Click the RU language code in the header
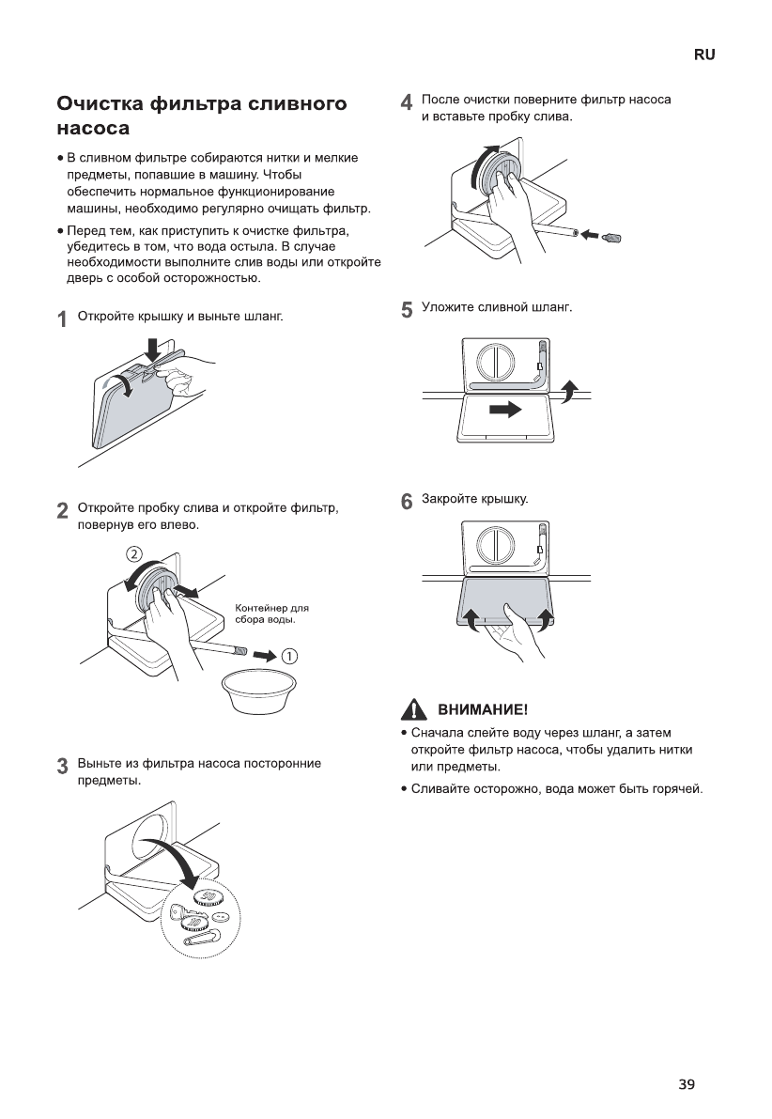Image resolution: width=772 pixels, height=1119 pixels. point(704,55)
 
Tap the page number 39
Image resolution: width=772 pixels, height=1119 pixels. point(687,1085)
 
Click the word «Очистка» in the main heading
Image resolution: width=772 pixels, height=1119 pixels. point(100,103)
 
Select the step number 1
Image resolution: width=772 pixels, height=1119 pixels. point(61,319)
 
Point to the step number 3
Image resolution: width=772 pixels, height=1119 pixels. point(61,766)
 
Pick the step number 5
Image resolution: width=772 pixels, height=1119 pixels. point(406,310)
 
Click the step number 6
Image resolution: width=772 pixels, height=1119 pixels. point(406,502)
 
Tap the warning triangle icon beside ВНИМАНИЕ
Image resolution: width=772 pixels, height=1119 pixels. point(409,709)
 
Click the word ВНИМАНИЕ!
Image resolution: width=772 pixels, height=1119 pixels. point(477,709)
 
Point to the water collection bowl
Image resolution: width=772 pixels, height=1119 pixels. point(254,692)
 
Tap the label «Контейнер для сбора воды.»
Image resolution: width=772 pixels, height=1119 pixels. point(270,614)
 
